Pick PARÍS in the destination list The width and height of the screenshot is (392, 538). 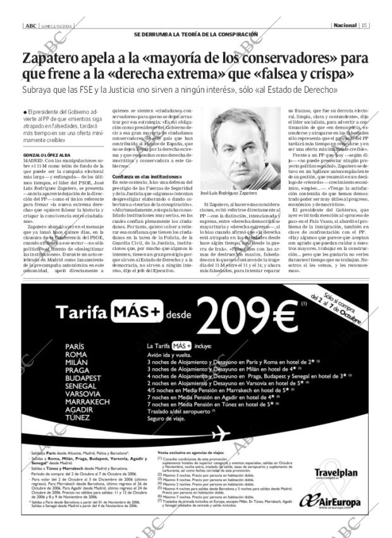(75, 347)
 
